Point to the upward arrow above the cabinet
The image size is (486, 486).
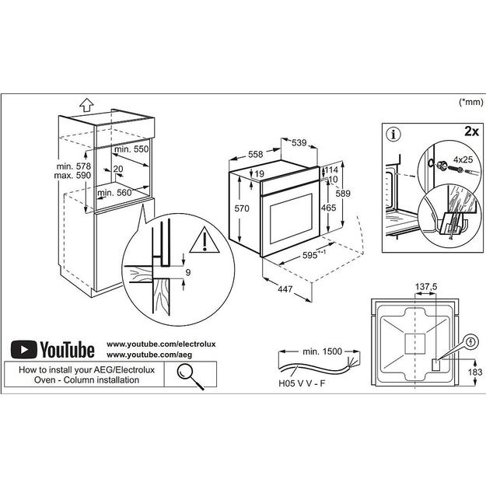point(86,104)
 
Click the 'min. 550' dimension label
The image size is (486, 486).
point(131,148)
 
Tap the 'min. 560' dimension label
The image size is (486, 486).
point(114,192)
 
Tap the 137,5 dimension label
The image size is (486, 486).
point(425,287)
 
